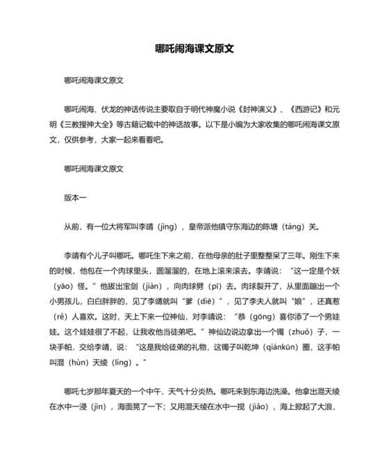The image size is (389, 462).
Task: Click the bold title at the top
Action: [x=194, y=50]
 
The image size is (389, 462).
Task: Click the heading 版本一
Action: [x=75, y=197]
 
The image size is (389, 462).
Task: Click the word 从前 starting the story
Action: [x=72, y=226]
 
